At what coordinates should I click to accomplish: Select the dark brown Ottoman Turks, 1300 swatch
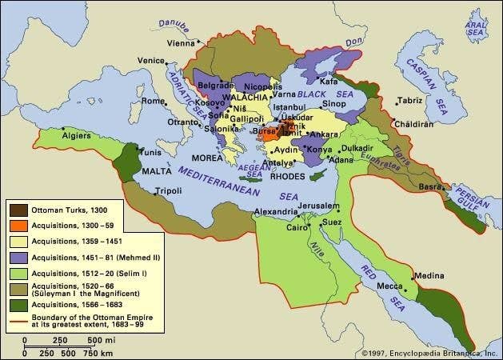coord(17,210)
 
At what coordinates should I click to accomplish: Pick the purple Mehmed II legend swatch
coord(17,258)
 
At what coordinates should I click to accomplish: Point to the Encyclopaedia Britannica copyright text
coord(429,352)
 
